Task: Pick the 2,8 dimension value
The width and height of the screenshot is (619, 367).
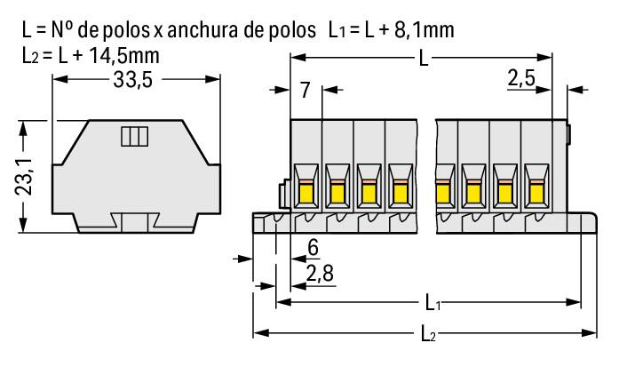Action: point(319,273)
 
